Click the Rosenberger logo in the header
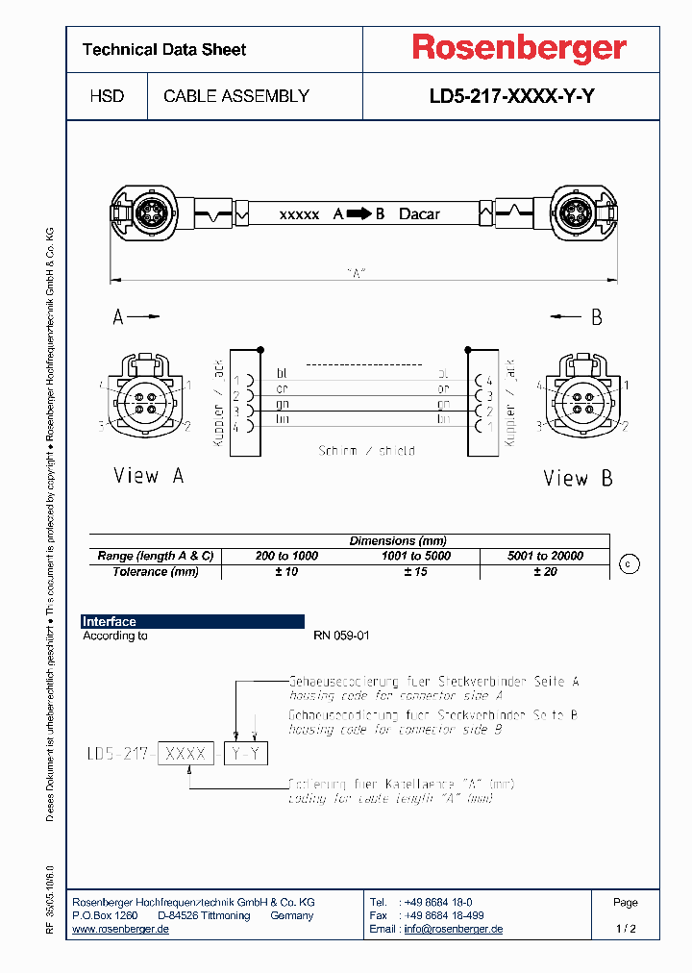[x=519, y=48]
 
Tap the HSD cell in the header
[x=106, y=96]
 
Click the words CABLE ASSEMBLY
[x=236, y=96]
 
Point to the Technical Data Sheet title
[x=164, y=50]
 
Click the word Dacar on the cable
[x=419, y=213]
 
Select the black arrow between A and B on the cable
[x=358, y=213]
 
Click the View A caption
[x=149, y=476]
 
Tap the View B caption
[x=578, y=478]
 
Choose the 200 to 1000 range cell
[x=285, y=556]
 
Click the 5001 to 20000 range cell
[x=545, y=556]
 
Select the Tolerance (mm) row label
[x=155, y=571]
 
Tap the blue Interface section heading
[x=110, y=622]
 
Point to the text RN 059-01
[x=341, y=636]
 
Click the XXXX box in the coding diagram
[x=186, y=754]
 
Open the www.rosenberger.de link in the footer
[x=121, y=929]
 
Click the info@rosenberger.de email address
[x=453, y=929]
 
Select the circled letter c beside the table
[x=628, y=564]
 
